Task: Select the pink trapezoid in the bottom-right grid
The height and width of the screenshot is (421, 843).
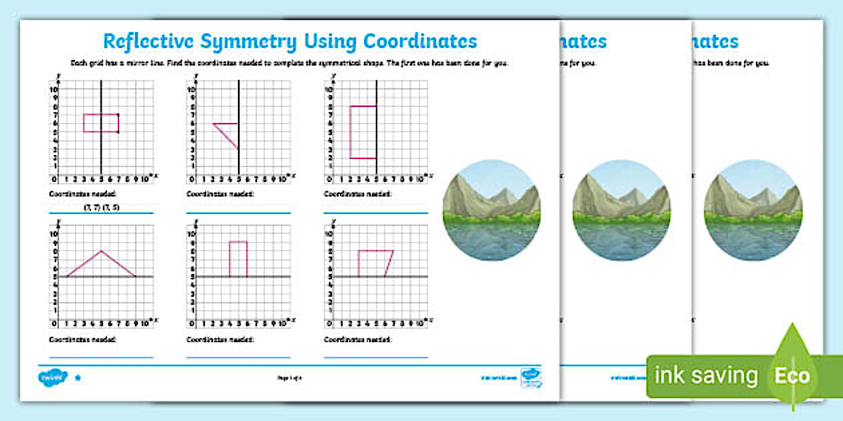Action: pyautogui.click(x=374, y=263)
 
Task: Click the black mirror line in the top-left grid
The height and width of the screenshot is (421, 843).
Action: pyautogui.click(x=101, y=154)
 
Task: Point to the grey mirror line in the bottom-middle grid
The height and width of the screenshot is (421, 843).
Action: pyautogui.click(x=268, y=277)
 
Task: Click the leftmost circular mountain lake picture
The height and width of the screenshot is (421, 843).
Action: pyautogui.click(x=491, y=210)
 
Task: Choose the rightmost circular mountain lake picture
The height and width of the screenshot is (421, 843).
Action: pyautogui.click(x=753, y=210)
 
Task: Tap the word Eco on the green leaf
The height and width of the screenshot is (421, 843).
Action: pyautogui.click(x=793, y=376)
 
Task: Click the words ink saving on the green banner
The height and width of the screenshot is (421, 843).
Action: pyautogui.click(x=706, y=376)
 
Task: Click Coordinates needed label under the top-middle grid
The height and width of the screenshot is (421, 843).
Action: pyautogui.click(x=220, y=194)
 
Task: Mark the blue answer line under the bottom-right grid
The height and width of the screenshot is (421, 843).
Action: pyautogui.click(x=375, y=358)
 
